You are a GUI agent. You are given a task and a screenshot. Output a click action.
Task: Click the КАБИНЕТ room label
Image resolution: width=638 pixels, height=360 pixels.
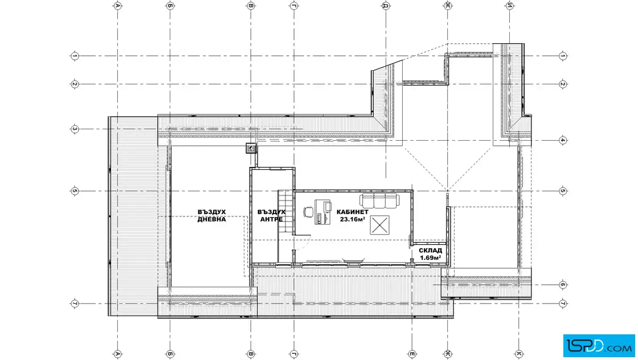pos(353,212)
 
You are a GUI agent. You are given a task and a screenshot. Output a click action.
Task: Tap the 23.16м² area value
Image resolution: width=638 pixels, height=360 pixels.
pos(353,219)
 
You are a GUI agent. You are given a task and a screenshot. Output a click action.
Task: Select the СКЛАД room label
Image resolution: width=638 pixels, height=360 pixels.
pos(431,251)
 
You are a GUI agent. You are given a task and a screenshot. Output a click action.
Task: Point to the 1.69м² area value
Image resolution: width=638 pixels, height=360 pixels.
pos(431,258)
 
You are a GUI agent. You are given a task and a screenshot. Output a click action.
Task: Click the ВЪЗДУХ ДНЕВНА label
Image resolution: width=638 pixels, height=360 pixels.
pos(211,215)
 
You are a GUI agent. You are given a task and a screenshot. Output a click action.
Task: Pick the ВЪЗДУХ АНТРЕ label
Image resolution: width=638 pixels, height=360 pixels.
pos(271,215)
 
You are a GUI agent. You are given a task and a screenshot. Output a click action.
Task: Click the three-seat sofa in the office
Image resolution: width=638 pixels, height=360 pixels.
pos(379,201)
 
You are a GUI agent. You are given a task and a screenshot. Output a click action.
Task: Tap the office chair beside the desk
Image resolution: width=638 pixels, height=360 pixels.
pos(308,212)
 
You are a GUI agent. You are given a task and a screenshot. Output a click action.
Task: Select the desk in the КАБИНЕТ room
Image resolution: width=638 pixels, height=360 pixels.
pos(322,212)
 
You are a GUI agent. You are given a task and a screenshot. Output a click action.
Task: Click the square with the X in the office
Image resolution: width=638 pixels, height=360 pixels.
pos(379,225)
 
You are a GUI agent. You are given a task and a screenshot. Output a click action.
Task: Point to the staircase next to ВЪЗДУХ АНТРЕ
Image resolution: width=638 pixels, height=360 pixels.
pos(285,211)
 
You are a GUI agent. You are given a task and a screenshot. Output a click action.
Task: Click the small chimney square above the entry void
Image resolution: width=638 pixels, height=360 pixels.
pos(251,149)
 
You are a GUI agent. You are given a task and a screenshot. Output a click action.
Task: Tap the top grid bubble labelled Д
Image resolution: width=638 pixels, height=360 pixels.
pos(385,5)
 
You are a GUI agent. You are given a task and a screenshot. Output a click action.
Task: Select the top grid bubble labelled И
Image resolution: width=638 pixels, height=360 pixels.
pos(509,5)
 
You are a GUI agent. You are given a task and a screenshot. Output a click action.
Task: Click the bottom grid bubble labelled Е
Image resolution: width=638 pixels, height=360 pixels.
pos(412,354)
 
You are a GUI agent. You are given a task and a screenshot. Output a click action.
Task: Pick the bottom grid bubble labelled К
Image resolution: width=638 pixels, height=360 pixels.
pos(519,354)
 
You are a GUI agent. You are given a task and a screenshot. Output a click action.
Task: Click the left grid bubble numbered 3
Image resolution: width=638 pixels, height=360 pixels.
pos(75,129)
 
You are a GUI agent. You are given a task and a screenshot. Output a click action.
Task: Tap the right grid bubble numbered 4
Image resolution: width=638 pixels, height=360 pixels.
pos(563,140)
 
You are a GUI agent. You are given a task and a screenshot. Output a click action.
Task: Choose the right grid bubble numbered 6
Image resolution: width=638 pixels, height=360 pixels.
pos(563,285)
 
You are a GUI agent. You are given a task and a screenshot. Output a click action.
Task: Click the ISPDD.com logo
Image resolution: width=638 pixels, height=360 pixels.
pos(599,346)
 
